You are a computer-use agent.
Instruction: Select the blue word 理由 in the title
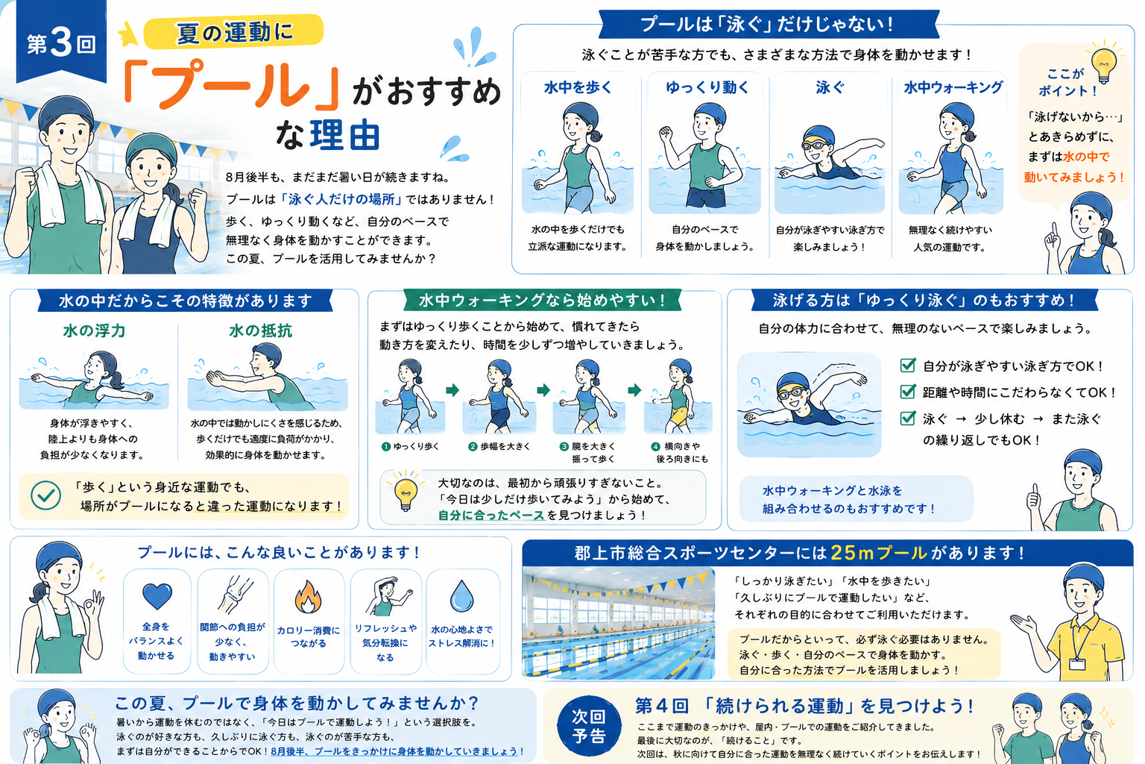[x=344, y=135]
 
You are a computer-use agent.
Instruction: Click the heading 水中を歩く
[x=578, y=87]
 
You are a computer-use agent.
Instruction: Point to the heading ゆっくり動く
[x=707, y=87]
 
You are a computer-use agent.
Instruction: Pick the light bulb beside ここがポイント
[x=1104, y=65]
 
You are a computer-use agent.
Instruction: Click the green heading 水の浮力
[x=94, y=331]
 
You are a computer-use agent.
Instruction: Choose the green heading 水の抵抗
[x=261, y=331]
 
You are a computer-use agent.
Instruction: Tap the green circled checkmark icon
[x=45, y=495]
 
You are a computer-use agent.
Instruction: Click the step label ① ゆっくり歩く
[x=411, y=446]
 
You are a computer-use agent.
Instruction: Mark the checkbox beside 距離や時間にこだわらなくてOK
[x=907, y=392]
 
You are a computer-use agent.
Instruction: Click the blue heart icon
[x=157, y=596]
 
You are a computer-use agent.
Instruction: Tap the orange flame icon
[x=308, y=597]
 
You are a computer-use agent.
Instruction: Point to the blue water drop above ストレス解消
[x=461, y=596]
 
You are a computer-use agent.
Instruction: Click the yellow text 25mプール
[x=879, y=553]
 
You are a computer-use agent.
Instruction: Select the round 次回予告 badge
[x=589, y=726]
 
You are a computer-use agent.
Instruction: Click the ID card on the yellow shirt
[x=1077, y=664]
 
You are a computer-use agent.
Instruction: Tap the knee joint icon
[x=234, y=595]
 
